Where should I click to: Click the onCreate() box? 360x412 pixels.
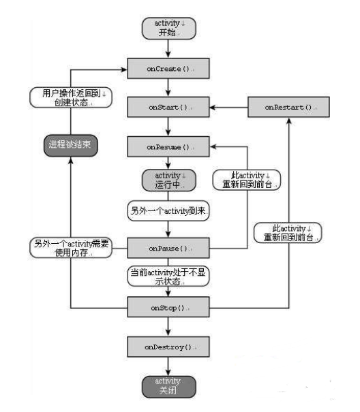pyautogui.click(x=168, y=69)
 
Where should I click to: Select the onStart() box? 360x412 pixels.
pyautogui.click(x=168, y=108)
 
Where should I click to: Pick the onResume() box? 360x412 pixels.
pyautogui.click(x=168, y=146)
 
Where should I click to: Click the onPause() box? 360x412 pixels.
pyautogui.click(x=168, y=249)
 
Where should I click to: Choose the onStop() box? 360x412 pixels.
pyautogui.click(x=168, y=308)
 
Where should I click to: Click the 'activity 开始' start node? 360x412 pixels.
pyautogui.click(x=168, y=29)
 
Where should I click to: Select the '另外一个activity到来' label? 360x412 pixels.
pyautogui.click(x=168, y=212)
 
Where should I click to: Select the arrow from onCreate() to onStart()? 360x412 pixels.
pyautogui.click(x=168, y=89)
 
